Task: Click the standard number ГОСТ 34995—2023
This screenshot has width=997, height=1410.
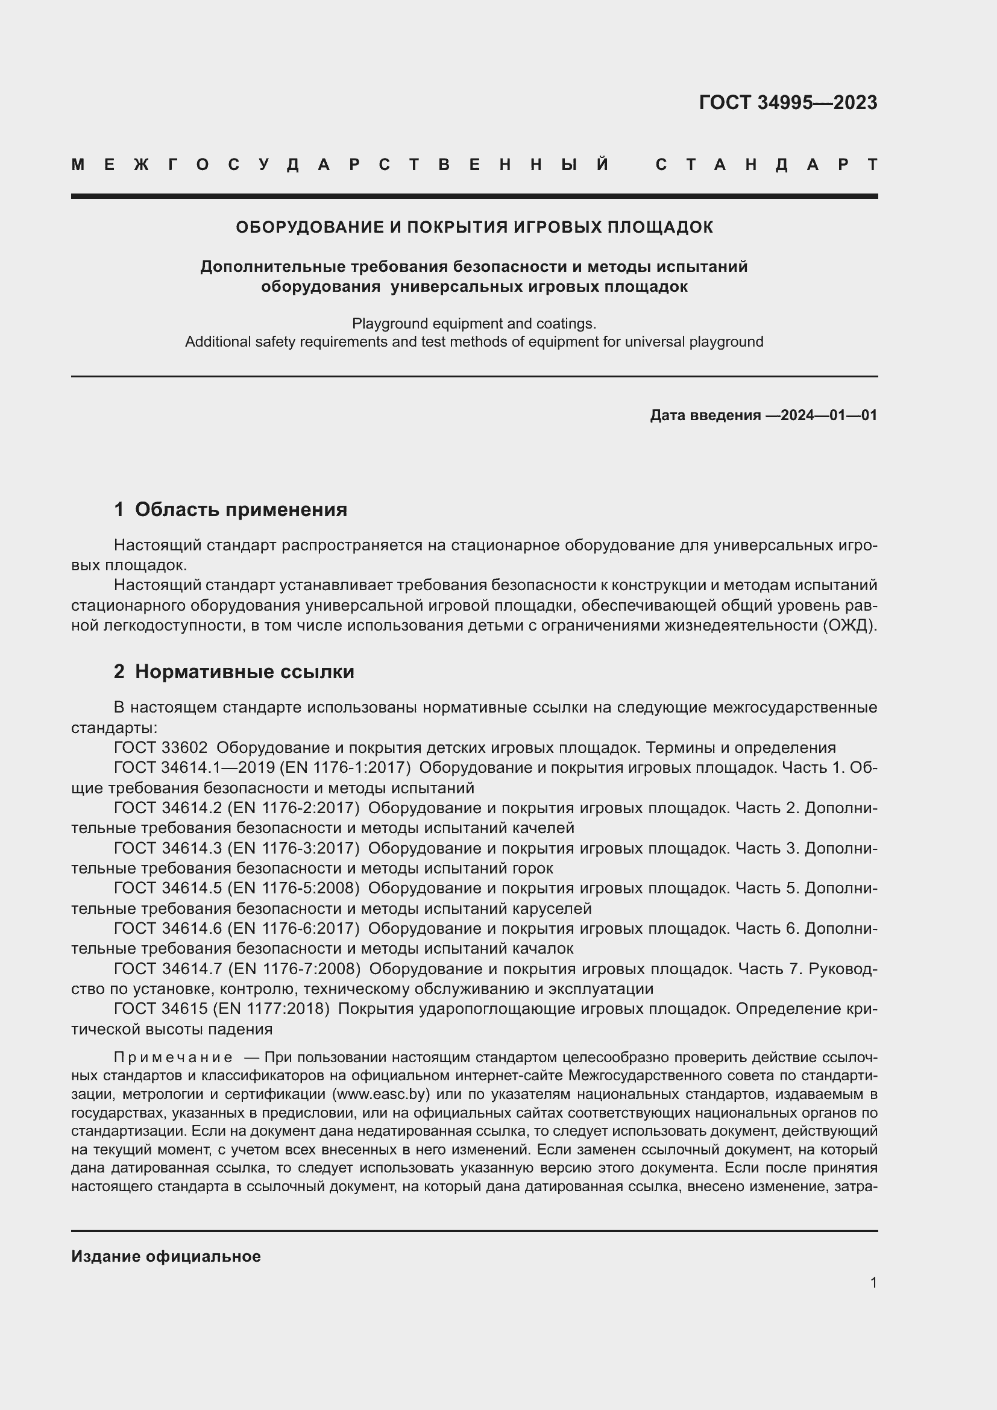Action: pos(788,102)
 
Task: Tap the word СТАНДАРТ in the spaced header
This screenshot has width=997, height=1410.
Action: pos(766,165)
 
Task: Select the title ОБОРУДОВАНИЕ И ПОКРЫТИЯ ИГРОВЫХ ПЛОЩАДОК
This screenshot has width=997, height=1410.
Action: pos(474,227)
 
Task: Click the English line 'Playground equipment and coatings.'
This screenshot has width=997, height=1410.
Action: pos(474,323)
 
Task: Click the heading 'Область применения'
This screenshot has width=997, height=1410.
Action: pos(241,509)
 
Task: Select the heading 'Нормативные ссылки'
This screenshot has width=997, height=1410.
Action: pos(244,672)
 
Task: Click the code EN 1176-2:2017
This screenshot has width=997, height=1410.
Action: pos(293,808)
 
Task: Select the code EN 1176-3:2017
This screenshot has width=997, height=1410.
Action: pos(293,848)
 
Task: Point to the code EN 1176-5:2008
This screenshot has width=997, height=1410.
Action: pos(293,888)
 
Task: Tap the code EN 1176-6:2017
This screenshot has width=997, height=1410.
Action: pos(293,928)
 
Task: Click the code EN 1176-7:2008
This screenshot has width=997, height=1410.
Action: pos(294,969)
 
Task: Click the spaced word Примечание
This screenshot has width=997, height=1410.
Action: pos(173,1057)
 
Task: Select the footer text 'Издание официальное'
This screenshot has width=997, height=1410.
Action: pos(166,1256)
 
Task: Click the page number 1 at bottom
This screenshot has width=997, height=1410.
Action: pos(873,1282)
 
